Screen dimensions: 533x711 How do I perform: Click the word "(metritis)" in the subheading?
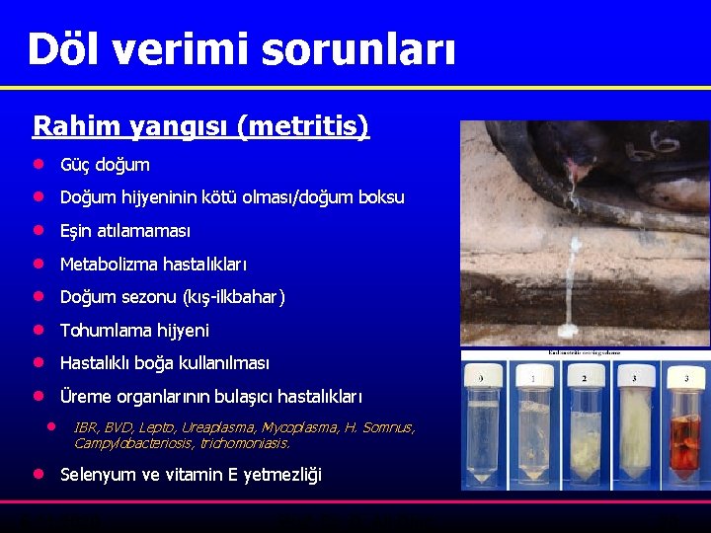coord(309,126)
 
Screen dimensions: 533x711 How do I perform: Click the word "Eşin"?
coord(76,231)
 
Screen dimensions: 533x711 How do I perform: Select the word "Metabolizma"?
coord(109,265)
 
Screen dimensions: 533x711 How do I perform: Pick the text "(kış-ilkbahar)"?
coord(233,297)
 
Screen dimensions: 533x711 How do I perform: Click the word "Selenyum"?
coord(99,475)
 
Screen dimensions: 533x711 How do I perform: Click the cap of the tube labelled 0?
coord(483,377)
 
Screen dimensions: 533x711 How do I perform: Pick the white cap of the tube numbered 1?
coord(534,377)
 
